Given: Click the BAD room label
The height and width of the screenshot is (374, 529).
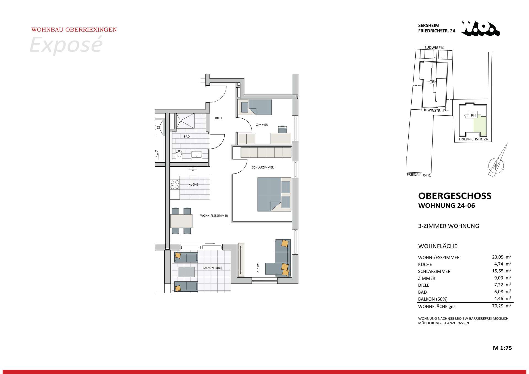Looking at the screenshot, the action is [x=187, y=137].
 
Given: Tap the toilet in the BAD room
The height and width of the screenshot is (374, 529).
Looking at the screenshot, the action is [x=179, y=155].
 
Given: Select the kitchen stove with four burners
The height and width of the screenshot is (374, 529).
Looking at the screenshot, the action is [x=175, y=184].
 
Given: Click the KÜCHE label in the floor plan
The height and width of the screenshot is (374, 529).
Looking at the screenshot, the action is [x=193, y=185].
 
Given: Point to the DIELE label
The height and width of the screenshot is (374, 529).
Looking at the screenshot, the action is [x=218, y=118].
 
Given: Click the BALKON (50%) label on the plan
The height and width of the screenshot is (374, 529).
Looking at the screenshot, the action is [x=212, y=268].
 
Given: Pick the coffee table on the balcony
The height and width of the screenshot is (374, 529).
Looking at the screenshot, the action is [x=186, y=272].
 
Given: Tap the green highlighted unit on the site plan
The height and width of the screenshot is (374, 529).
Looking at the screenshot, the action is [x=480, y=126].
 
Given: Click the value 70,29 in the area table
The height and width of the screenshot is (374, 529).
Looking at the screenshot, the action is [x=498, y=305].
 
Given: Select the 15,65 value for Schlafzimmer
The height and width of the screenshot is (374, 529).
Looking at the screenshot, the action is [x=498, y=271].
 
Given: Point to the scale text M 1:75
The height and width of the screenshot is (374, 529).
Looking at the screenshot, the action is [x=502, y=348].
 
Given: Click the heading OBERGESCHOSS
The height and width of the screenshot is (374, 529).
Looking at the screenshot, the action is [x=455, y=196].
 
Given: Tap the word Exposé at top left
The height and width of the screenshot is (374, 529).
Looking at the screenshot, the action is [x=66, y=45].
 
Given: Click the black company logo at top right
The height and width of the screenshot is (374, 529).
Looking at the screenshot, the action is [x=481, y=29].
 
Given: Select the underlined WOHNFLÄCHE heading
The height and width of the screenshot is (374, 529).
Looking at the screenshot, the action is [x=438, y=246].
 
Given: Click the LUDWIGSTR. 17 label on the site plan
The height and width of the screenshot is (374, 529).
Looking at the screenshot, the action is [x=433, y=110].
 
